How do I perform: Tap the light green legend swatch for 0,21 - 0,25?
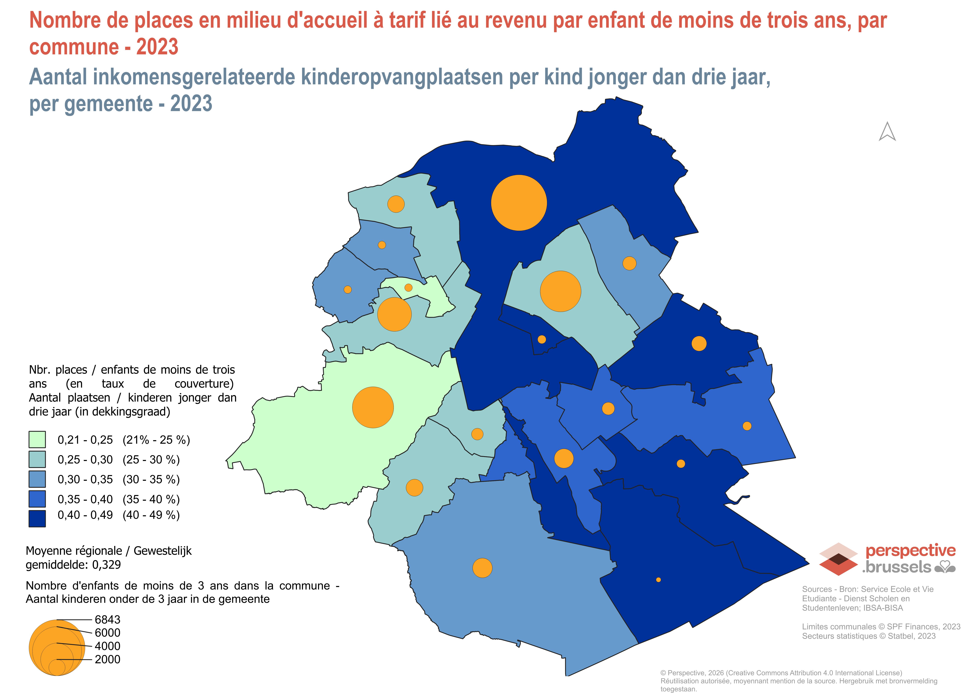click(x=37, y=439)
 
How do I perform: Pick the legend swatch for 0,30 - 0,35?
click(x=37, y=479)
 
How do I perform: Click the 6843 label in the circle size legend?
click(x=108, y=620)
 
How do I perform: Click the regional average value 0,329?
click(x=107, y=565)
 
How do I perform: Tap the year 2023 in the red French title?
click(x=157, y=47)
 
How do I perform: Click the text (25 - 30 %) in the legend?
click(x=151, y=459)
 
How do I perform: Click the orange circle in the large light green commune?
click(x=373, y=407)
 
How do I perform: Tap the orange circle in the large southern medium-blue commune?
click(x=482, y=568)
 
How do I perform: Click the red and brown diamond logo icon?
click(x=838, y=559)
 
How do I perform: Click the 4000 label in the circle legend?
click(x=108, y=646)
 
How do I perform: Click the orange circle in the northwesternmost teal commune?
click(x=396, y=204)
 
